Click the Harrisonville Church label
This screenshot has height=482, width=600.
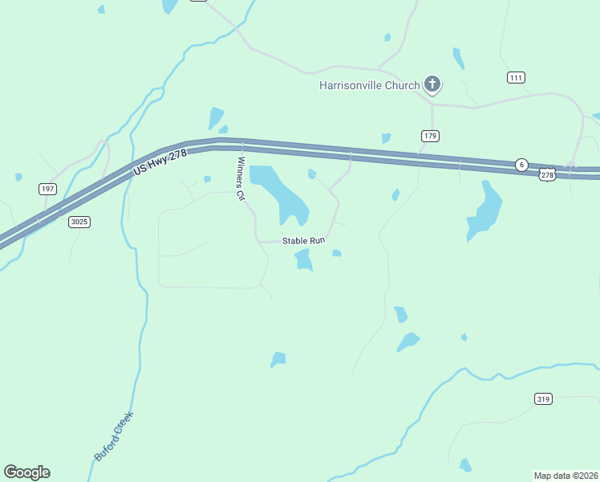[369, 85]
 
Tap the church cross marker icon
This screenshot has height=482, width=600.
[432, 84]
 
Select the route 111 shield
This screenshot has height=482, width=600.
[516, 77]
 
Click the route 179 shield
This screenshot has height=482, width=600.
[430, 136]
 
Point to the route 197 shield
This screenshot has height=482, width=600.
[47, 188]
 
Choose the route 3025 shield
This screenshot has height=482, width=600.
[78, 222]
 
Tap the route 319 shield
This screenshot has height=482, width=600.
[543, 398]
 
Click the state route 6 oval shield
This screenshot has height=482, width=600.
[521, 165]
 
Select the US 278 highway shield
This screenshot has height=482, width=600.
[547, 174]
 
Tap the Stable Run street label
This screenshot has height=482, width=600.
[302, 241]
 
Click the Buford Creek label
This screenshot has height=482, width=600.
[113, 436]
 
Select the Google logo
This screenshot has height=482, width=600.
[26, 472]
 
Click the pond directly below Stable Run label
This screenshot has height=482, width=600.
[303, 259]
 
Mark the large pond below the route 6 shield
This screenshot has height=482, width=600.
[485, 211]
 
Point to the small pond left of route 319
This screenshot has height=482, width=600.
[465, 464]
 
